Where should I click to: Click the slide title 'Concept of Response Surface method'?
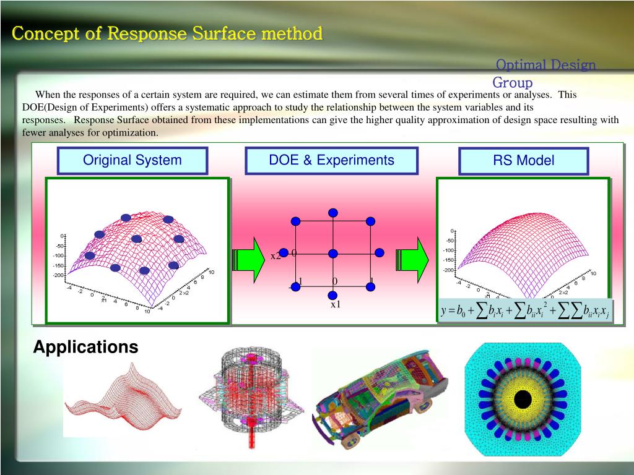click(167, 33)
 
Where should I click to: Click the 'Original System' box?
click(132, 161)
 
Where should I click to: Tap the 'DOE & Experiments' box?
click(331, 161)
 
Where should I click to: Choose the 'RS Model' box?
click(523, 161)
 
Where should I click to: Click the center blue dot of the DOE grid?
click(333, 254)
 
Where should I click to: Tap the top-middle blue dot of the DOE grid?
click(333, 213)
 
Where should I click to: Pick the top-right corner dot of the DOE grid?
click(370, 221)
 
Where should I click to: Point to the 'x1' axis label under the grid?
click(335, 304)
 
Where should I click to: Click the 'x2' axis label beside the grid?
click(276, 256)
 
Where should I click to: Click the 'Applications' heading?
click(85, 347)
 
